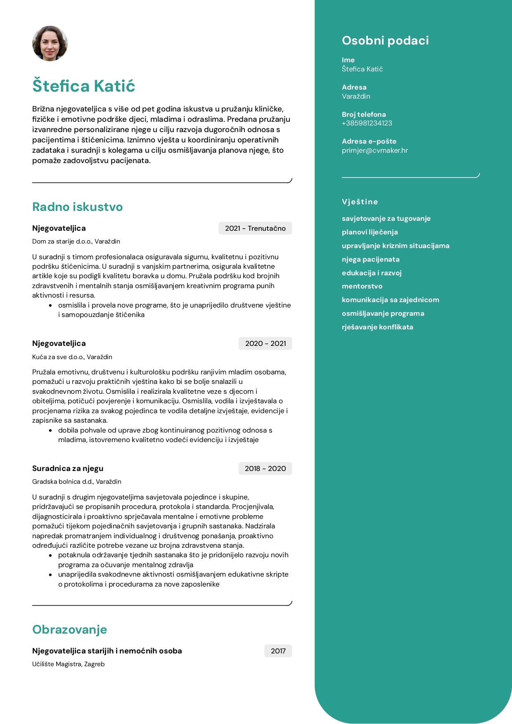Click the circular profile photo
50,44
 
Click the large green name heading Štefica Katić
84,86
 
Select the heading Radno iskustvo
78,207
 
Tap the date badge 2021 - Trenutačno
255,228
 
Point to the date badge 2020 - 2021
265,343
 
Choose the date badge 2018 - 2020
265,468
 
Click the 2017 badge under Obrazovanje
278,651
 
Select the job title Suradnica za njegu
68,468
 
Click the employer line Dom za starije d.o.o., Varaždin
76,241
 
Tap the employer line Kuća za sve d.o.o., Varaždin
72,357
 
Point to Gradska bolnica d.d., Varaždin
77,482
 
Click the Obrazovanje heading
70,629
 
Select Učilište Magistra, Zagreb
69,664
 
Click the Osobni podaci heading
385,40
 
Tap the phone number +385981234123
367,123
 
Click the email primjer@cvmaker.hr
375,150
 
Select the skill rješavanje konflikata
377,327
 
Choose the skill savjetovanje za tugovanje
386,218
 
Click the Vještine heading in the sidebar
360,202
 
